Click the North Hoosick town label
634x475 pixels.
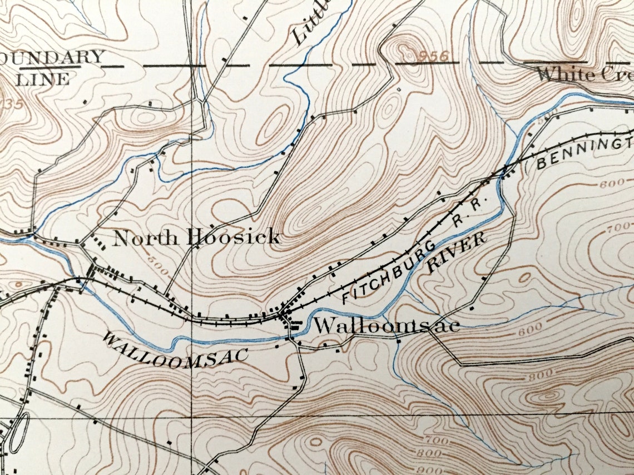coord(196,238)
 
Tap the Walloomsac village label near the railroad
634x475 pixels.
coord(387,326)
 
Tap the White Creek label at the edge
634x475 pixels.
coord(584,73)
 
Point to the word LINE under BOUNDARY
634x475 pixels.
coord(43,79)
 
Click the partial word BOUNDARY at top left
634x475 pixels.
coord(53,57)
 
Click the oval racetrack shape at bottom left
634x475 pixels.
coord(18,432)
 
